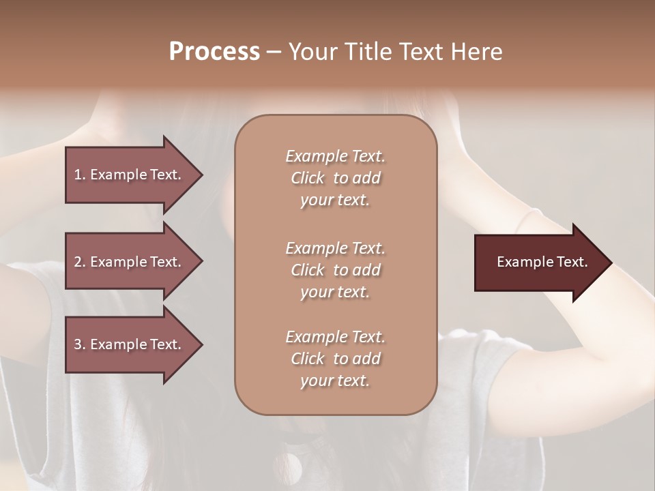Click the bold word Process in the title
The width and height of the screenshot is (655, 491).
point(214,52)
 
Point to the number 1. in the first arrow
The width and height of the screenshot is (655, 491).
point(80,175)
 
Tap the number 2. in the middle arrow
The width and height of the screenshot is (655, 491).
point(80,262)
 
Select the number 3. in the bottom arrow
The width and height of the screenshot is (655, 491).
point(80,344)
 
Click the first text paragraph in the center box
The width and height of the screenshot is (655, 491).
point(335,178)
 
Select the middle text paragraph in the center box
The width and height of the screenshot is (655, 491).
point(335,269)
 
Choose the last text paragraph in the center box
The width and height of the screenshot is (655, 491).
point(335,359)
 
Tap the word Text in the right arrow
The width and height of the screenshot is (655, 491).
point(572,262)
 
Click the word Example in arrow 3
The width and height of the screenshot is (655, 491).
point(117,344)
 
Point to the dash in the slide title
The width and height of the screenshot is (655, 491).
point(274,53)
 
